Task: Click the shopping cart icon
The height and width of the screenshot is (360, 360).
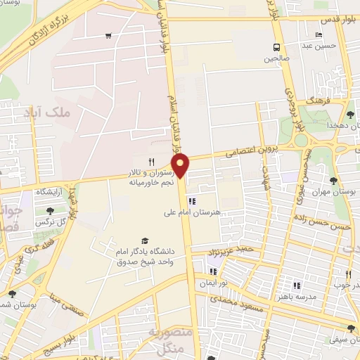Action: coord(108,36)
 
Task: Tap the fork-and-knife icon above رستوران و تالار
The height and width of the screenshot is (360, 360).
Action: coord(150,162)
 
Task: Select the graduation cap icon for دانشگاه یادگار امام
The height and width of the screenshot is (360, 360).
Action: coord(145,241)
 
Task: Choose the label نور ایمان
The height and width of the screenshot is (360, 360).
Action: coord(226,280)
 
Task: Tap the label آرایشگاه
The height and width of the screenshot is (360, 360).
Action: coord(41,192)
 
